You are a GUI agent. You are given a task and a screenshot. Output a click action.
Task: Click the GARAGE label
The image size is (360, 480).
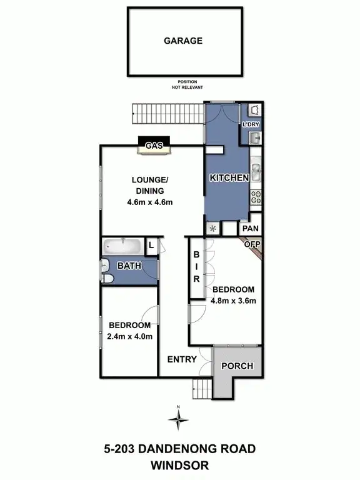click(x=183, y=41)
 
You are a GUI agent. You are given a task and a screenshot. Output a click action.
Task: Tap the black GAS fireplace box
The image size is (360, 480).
click(x=154, y=145)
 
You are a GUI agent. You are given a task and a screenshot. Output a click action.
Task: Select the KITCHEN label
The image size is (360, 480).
click(x=229, y=178)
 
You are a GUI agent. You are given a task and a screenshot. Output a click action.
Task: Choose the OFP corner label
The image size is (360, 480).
click(x=252, y=245)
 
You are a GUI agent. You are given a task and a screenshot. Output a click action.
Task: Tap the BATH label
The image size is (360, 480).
click(x=130, y=266)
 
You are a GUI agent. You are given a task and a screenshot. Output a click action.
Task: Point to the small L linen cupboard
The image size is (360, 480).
click(x=151, y=246)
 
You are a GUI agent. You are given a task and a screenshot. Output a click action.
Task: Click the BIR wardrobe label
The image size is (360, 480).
click(x=196, y=267)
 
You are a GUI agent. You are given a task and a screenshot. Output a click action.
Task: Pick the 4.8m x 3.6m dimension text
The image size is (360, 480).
click(x=235, y=300)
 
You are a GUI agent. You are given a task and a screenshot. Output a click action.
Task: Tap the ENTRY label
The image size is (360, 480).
click(x=182, y=359)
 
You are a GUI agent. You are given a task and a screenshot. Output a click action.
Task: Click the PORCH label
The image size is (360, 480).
click(x=237, y=366)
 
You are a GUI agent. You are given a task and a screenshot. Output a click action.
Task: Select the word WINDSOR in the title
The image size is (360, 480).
click(x=179, y=466)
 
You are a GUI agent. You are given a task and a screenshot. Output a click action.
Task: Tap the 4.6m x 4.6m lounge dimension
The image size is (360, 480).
click(x=150, y=202)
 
